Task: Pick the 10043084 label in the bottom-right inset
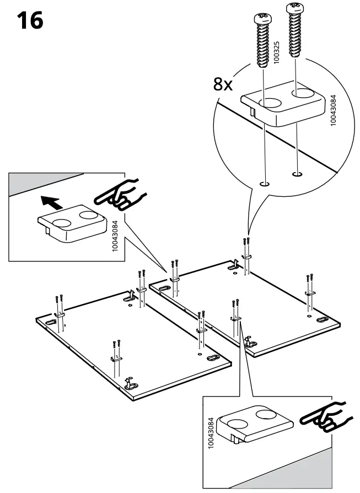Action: [x=211, y=435]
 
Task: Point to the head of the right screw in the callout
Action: [x=293, y=8]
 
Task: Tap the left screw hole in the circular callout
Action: [x=265, y=184]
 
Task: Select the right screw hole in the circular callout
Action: [x=297, y=175]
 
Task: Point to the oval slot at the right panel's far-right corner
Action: [x=321, y=320]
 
